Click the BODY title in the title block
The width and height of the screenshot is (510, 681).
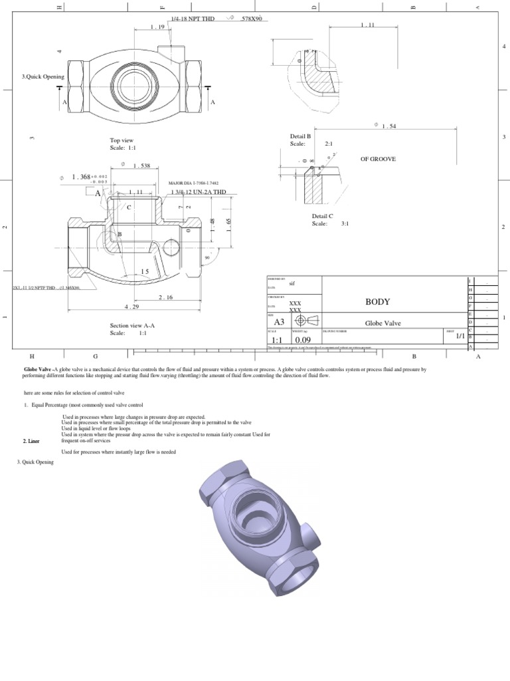pyautogui.click(x=377, y=301)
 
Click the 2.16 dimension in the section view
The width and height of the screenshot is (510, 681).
pyautogui.click(x=166, y=297)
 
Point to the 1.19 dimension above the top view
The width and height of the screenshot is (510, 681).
pyautogui.click(x=157, y=27)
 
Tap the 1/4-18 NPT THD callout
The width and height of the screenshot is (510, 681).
pyautogui.click(x=193, y=19)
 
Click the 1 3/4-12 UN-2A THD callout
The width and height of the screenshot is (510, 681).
pyautogui.click(x=199, y=192)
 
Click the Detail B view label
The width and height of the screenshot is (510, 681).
pyautogui.click(x=301, y=136)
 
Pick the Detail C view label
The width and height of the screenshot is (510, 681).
pyautogui.click(x=323, y=216)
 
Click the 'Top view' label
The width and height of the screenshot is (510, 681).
pyautogui.click(x=122, y=140)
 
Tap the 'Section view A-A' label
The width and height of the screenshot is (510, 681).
pyautogui.click(x=132, y=325)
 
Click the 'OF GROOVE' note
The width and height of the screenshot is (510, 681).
pyautogui.click(x=379, y=160)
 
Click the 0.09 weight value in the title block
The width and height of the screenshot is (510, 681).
pyautogui.click(x=303, y=339)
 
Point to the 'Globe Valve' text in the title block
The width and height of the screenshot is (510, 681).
pyautogui.click(x=382, y=323)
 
